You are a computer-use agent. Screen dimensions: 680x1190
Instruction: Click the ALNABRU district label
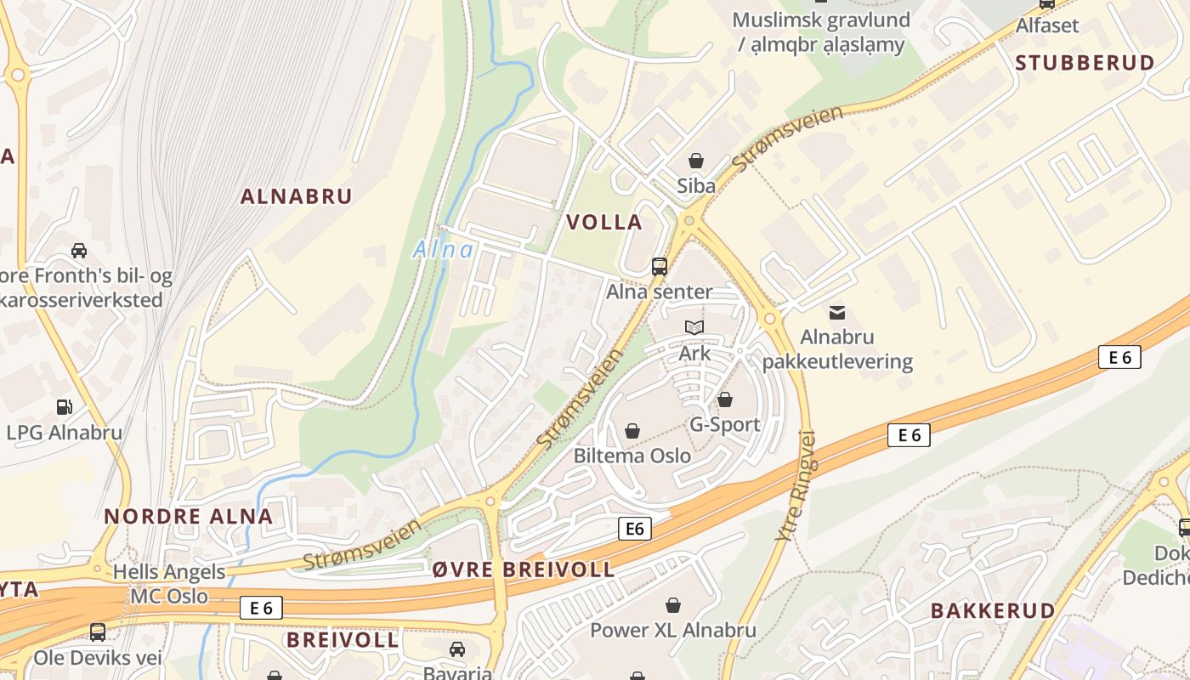pyautogui.click(x=296, y=196)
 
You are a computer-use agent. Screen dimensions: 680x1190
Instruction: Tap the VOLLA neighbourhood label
pyautogui.click(x=603, y=223)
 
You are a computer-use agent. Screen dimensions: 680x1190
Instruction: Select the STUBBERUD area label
pyautogui.click(x=1085, y=63)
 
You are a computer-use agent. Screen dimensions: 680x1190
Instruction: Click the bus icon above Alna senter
pyautogui.click(x=659, y=266)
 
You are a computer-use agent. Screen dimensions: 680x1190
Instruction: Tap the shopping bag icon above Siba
pyautogui.click(x=695, y=161)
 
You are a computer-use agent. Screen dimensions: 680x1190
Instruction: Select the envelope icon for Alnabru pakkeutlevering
pyautogui.click(x=837, y=313)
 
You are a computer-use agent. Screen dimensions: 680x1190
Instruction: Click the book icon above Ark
pyautogui.click(x=694, y=327)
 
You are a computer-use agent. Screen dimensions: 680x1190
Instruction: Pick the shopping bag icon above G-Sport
pyautogui.click(x=725, y=399)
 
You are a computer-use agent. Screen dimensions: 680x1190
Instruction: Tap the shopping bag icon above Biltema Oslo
pyautogui.click(x=632, y=431)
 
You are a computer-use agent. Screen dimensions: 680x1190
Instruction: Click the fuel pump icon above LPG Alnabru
pyautogui.click(x=65, y=407)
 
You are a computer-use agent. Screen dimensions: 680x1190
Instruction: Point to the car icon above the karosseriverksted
pyautogui.click(x=79, y=250)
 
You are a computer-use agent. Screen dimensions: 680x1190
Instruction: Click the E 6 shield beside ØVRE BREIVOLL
pyautogui.click(x=634, y=529)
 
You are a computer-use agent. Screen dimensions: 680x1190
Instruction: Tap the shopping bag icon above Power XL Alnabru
pyautogui.click(x=673, y=605)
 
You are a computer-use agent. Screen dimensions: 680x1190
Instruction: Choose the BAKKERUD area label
pyautogui.click(x=992, y=610)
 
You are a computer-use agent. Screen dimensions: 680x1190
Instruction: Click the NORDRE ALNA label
pyautogui.click(x=188, y=516)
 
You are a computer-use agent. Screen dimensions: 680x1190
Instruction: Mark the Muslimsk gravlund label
pyautogui.click(x=820, y=31)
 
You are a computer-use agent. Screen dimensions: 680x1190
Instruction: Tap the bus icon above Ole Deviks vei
pyautogui.click(x=98, y=632)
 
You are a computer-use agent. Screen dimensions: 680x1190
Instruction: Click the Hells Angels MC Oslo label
pyautogui.click(x=169, y=584)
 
